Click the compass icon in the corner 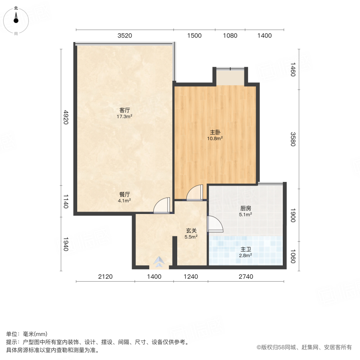click(16, 19)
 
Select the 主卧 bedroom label click(215, 132)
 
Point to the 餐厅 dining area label click(124, 194)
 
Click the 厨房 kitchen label click(246, 208)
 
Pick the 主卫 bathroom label click(246, 249)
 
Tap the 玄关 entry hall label click(190, 230)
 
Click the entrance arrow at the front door click(159, 262)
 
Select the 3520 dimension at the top click(125, 36)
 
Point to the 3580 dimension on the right click(293, 139)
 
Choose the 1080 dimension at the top click(230, 36)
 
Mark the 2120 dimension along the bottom click(105, 276)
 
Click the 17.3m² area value click(124, 117)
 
